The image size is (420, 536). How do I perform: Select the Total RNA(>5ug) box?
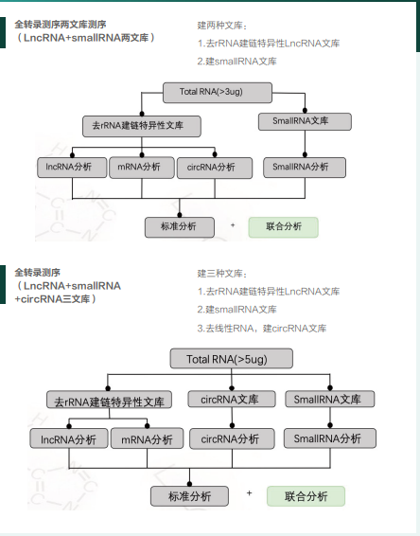tap(224, 359)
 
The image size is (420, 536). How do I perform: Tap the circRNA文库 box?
tap(223, 401)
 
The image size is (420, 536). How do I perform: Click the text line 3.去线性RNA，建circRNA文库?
tap(262, 329)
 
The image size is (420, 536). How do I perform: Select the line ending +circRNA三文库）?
tap(58, 298)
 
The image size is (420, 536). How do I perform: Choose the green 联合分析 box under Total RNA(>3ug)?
tap(283, 227)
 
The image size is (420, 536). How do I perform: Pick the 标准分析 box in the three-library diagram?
tap(190, 496)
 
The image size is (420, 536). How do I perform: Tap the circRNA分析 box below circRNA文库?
tap(223, 438)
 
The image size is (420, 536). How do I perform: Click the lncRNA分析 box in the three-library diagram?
tap(68, 439)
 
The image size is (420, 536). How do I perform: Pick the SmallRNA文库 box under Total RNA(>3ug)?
tap(304, 121)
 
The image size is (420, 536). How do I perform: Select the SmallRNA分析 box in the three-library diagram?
tap(327, 438)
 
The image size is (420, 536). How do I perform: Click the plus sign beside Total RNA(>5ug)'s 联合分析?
tap(249, 493)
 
